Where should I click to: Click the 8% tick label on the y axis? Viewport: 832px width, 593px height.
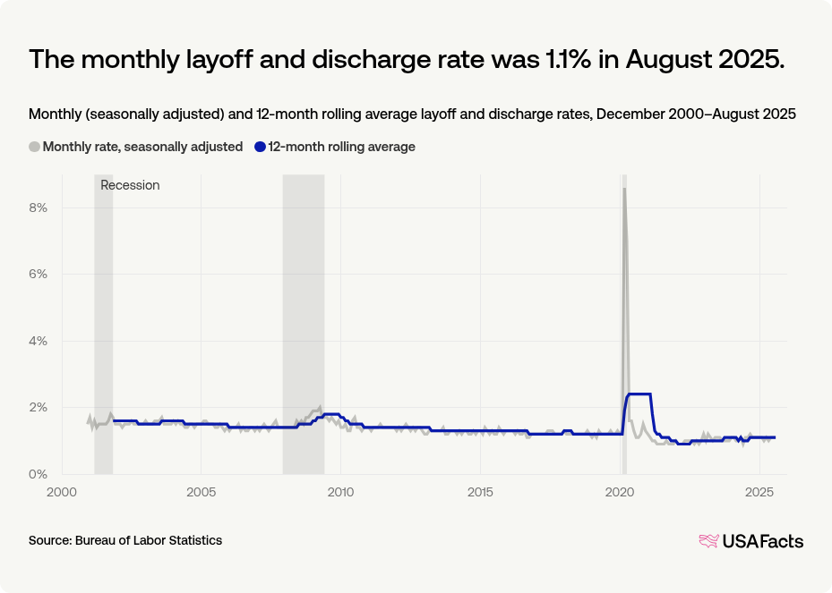pos(37,208)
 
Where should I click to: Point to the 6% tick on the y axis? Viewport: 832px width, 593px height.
pos(37,274)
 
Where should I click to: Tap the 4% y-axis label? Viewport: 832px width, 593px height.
pos(37,341)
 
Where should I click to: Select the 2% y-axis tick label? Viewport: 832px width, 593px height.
pos(37,407)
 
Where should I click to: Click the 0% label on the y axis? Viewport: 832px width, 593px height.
pos(37,474)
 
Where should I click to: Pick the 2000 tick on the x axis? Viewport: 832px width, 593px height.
pos(61,493)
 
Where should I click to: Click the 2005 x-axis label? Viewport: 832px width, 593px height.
pos(201,493)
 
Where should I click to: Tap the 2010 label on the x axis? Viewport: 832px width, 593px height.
pos(340,493)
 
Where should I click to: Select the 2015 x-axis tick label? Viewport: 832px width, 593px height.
pos(480,493)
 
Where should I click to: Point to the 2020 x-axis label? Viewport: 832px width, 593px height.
pos(621,493)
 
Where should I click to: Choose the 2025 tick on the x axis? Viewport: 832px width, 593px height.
pos(760,493)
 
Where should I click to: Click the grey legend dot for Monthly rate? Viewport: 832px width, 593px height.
pos(35,147)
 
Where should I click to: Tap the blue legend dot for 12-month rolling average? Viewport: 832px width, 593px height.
pos(261,147)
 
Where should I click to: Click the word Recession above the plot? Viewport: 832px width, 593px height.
pos(130,185)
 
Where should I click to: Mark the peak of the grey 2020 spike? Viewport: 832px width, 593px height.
pos(624,189)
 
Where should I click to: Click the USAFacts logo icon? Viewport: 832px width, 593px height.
pos(708,540)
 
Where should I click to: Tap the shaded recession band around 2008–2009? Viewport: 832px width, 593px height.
pos(303,322)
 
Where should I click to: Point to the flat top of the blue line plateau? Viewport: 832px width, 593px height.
pos(639,394)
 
